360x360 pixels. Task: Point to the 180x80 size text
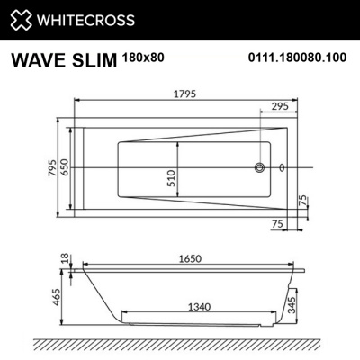[142, 57]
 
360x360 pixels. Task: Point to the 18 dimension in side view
[63, 260]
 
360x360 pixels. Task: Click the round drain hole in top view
[262, 167]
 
